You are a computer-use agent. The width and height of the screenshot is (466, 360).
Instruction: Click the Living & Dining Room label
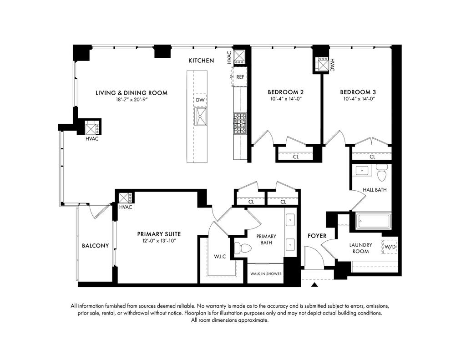click(132, 93)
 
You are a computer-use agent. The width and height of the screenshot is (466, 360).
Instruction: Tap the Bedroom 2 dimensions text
click(286, 99)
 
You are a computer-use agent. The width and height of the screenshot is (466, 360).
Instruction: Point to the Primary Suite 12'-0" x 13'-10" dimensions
click(159, 241)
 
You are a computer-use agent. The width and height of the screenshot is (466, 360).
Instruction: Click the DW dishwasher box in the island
click(200, 100)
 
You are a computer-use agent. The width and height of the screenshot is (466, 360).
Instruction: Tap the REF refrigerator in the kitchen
click(240, 77)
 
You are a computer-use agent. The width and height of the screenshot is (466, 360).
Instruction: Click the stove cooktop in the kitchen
click(240, 123)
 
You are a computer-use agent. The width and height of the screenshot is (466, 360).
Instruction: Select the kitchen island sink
click(201, 117)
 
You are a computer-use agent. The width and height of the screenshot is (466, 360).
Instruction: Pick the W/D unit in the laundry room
click(390, 246)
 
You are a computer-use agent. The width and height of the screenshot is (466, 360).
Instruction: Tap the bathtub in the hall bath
click(374, 221)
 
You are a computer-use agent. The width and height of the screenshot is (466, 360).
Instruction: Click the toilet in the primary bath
click(240, 248)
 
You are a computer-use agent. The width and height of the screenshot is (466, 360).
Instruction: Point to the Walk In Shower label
click(266, 274)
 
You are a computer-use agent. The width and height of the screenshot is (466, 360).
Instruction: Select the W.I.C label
click(220, 256)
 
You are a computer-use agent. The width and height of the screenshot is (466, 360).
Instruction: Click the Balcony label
click(96, 246)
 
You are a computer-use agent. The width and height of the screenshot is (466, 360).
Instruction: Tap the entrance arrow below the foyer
click(314, 285)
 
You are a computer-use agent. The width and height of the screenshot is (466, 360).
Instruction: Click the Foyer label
click(317, 236)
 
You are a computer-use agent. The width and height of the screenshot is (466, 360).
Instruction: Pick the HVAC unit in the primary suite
click(125, 198)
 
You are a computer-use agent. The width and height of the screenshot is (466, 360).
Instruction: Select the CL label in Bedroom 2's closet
click(296, 157)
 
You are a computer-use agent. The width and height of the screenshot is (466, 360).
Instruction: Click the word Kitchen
click(201, 61)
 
